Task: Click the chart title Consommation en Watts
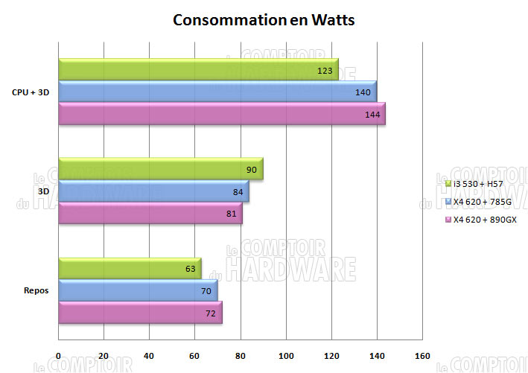click(x=264, y=20)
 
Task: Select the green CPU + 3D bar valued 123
click(x=198, y=71)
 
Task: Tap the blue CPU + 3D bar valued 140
click(x=217, y=92)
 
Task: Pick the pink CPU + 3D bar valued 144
click(x=221, y=115)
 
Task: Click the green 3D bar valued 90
click(x=160, y=170)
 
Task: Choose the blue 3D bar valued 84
click(x=153, y=192)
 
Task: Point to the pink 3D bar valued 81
click(x=150, y=214)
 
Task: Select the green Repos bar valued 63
click(x=130, y=269)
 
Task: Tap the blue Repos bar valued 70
click(x=138, y=291)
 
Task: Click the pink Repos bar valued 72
click(x=140, y=313)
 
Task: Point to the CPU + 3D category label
click(x=31, y=93)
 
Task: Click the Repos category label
click(x=36, y=291)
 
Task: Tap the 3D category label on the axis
click(x=43, y=192)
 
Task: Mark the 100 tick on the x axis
click(x=285, y=355)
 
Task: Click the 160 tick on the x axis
click(x=422, y=355)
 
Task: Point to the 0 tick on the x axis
click(x=58, y=355)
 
